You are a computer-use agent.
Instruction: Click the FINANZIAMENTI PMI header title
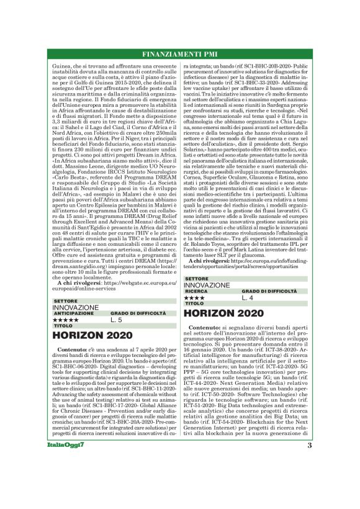(x=179, y=53)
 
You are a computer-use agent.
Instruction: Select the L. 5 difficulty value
(x=117, y=320)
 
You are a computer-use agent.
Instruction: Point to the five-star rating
(x=66, y=320)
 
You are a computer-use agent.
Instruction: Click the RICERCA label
(x=196, y=291)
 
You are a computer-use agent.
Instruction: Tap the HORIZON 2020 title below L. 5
(x=88, y=336)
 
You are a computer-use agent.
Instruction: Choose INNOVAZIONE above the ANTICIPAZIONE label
(x=75, y=307)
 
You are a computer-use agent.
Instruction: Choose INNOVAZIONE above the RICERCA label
(x=207, y=285)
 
